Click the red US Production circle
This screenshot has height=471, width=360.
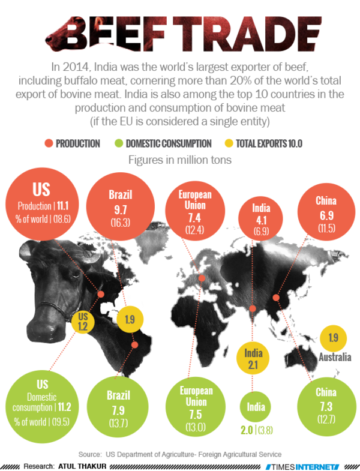[41, 203]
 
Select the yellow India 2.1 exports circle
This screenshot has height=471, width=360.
[253, 358]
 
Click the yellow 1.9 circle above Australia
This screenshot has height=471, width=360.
[334, 338]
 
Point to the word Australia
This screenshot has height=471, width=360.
[334, 358]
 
